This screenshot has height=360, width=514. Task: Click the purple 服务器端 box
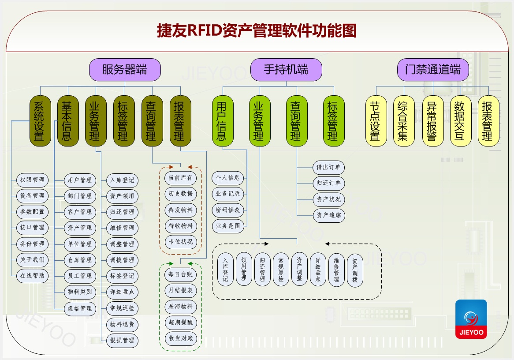pyautogui.click(x=125, y=70)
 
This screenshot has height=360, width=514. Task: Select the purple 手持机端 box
pyautogui.click(x=286, y=70)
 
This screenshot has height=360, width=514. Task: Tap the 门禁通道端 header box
pyautogui.click(x=433, y=70)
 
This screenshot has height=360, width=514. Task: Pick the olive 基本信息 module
pyautogui.click(x=67, y=121)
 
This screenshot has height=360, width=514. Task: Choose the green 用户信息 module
pyautogui.click(x=221, y=121)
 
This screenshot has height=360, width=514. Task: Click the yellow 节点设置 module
pyautogui.click(x=375, y=121)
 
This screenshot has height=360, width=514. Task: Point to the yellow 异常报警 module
pyautogui.click(x=432, y=121)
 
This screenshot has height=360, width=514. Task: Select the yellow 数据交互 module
pyautogui.click(x=460, y=121)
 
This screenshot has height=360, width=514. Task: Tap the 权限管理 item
pyautogui.click(x=32, y=180)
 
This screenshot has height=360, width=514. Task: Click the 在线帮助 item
pyautogui.click(x=32, y=276)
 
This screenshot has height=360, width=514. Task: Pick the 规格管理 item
pyautogui.click(x=80, y=308)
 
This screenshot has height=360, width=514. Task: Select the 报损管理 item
pyautogui.click(x=122, y=340)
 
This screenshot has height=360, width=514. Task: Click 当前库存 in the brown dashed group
pyautogui.click(x=180, y=178)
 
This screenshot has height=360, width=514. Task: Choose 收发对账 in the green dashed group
pyautogui.click(x=180, y=338)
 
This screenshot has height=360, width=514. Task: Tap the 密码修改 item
pyautogui.click(x=228, y=210)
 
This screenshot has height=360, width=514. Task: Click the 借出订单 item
pyautogui.click(x=328, y=168)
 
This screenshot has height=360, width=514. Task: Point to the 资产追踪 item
pyautogui.click(x=328, y=215)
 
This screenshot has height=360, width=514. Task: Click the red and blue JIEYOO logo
pyautogui.click(x=471, y=319)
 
